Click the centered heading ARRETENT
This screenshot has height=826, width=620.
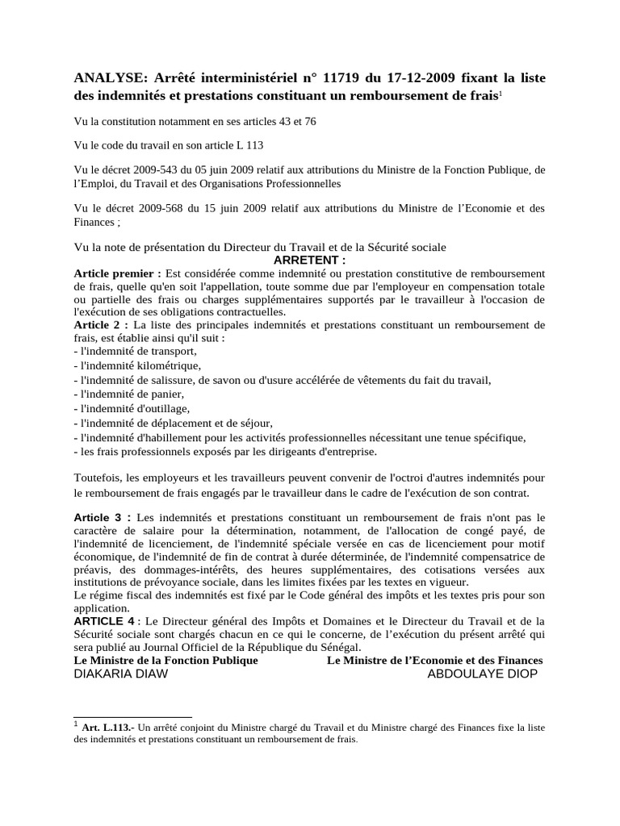(310, 261)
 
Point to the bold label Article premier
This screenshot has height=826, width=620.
(122, 273)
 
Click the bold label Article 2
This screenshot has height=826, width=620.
(102, 324)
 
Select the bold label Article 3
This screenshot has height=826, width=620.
(103, 517)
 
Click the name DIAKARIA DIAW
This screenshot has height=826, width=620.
(121, 674)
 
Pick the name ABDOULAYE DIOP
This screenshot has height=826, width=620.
(482, 674)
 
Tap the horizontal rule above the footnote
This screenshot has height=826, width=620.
(132, 716)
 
